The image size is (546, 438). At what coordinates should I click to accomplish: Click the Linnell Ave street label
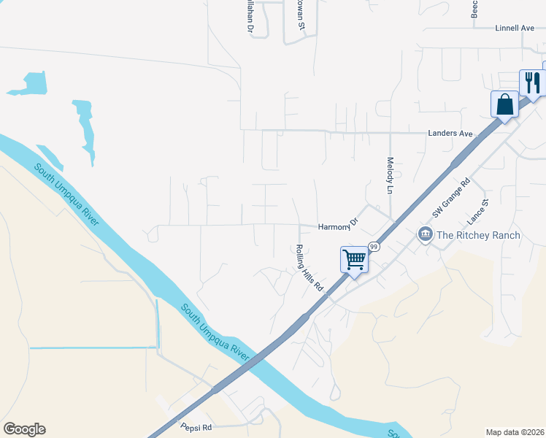(515, 28)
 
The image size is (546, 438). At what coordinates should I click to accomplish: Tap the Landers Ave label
(450, 134)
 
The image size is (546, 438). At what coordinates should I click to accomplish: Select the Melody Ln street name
(391, 176)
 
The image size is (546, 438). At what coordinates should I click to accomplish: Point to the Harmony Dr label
(339, 226)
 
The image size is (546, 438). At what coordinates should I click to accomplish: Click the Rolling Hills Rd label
(309, 268)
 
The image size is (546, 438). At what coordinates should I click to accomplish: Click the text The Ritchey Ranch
(478, 235)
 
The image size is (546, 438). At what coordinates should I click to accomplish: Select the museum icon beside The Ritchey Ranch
(425, 234)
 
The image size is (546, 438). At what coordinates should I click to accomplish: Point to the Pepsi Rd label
(196, 427)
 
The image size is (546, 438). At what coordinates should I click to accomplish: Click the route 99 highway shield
(374, 247)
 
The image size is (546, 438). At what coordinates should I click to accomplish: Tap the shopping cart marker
(354, 259)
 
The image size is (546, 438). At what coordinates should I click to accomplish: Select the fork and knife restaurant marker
(532, 82)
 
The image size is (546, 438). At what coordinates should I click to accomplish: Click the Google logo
(24, 429)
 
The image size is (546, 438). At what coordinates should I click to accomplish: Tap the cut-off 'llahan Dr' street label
(249, 17)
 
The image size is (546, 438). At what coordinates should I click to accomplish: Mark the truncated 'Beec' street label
(474, 9)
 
